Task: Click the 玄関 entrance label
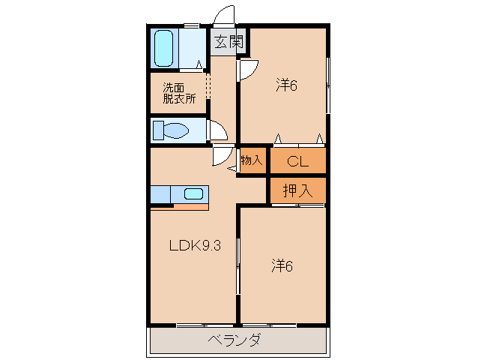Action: coord(229,43)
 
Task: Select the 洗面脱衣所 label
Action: coord(179,92)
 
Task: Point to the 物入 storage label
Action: coord(252,160)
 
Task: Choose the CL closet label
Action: coord(297,160)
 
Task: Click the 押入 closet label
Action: coord(297,190)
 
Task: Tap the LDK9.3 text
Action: coord(194,246)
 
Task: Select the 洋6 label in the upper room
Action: coord(286,85)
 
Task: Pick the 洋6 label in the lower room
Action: coord(282,265)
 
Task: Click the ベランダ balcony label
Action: coord(235,341)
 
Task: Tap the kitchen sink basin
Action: coord(193,194)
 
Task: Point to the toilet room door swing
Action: coord(218,132)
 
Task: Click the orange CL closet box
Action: coord(297,160)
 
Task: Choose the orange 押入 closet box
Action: coord(297,190)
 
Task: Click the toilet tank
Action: coord(157,131)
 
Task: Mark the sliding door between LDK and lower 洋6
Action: coord(238,262)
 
